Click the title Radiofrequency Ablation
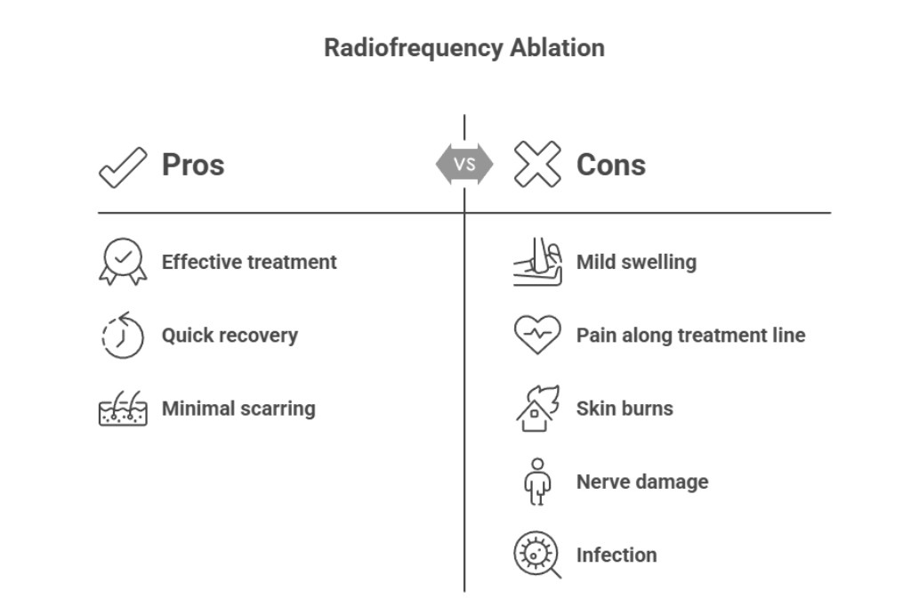pos(464,48)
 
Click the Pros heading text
pos(192,165)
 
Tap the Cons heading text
pos(610,165)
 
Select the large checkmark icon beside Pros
pos(122,166)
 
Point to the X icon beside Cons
pos(536,165)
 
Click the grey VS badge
pos(464,165)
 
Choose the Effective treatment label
pos(249,263)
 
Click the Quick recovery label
pos(230,336)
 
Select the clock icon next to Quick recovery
pos(122,336)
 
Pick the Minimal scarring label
pos(238,409)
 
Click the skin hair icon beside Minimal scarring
pos(122,409)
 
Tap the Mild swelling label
pos(636,263)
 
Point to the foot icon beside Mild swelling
pos(537,263)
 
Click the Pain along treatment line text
pos(690,336)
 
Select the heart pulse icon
pos(537,336)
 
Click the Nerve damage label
pos(642,482)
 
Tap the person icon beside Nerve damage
pos(536,482)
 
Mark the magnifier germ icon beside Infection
pos(537,555)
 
